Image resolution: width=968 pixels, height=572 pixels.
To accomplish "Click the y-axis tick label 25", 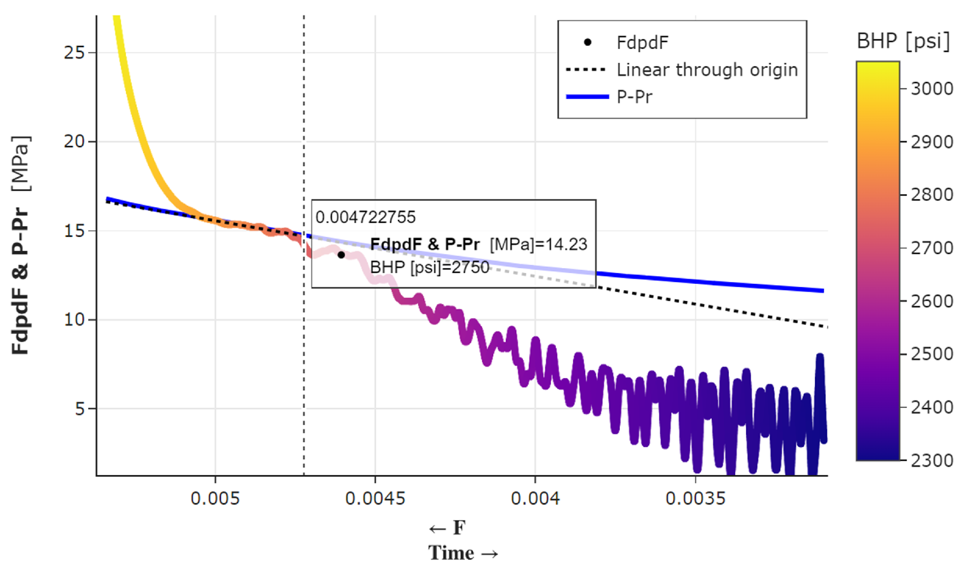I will pyautogui.click(x=74, y=52).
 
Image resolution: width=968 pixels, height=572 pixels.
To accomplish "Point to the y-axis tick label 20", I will pyautogui.click(x=74, y=141).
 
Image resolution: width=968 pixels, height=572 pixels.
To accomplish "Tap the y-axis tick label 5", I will pyautogui.click(x=80, y=409).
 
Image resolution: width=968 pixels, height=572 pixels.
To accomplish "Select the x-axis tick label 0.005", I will pyautogui.click(x=215, y=498).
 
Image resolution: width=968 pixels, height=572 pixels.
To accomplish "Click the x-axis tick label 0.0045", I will pyautogui.click(x=375, y=498).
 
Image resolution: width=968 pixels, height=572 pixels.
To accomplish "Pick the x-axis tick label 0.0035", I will pyautogui.click(x=695, y=498).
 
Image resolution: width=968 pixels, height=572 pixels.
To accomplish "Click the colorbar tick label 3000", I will pyautogui.click(x=932, y=89).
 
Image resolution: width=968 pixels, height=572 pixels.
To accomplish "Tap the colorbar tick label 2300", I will pyautogui.click(x=932, y=461).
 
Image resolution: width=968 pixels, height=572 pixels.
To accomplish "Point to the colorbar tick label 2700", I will pyautogui.click(x=932, y=248).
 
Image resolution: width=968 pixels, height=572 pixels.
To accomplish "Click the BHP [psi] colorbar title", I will pyautogui.click(x=903, y=41).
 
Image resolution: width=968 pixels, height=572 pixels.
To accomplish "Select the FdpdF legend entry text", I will pyautogui.click(x=642, y=43).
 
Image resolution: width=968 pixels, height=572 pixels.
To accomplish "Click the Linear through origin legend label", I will pyautogui.click(x=707, y=70).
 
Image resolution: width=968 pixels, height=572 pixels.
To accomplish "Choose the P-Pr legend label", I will pyautogui.click(x=634, y=97).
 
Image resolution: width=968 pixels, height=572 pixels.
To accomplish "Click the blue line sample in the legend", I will pyautogui.click(x=587, y=97).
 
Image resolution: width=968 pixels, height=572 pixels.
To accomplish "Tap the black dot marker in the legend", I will pyautogui.click(x=587, y=42).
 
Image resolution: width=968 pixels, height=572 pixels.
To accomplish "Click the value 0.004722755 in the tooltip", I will pyautogui.click(x=365, y=217).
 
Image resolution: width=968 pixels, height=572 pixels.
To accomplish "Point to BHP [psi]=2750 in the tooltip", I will pyautogui.click(x=429, y=267).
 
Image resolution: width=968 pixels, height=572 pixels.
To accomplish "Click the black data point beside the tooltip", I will pyautogui.click(x=341, y=255).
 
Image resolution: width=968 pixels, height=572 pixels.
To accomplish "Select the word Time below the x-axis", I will pyautogui.click(x=451, y=553).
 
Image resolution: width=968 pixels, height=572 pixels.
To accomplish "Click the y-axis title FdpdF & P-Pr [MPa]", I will pyautogui.click(x=20, y=245).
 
